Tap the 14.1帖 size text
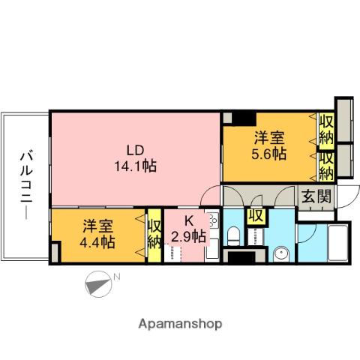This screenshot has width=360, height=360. tap(135, 166)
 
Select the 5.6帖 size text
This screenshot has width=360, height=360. tap(268, 154)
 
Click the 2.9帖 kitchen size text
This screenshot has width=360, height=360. tap(188, 236)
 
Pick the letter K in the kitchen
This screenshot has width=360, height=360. tap(188, 220)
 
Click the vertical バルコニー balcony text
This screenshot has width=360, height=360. tap(25, 184)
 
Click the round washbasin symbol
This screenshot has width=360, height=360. tap(281, 253)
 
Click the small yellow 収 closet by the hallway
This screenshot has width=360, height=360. tap(256, 217)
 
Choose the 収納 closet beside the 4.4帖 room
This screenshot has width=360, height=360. tap(154, 234)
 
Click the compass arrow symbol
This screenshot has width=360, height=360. tap(97, 285)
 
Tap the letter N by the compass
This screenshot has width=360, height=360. tap(115, 278)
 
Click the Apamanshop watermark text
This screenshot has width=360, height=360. tap(180, 325)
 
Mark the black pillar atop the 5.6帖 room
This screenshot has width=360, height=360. tap(242, 118)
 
